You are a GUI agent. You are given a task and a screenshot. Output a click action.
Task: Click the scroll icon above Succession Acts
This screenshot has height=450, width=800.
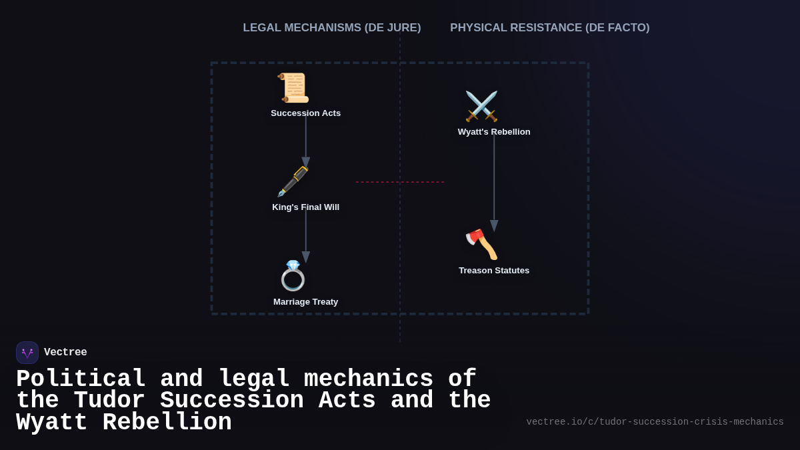pos(293,88)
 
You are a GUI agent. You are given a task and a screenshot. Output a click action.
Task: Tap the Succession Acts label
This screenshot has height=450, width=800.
pos(305,113)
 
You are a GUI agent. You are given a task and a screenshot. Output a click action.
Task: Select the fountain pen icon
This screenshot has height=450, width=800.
pos(293,182)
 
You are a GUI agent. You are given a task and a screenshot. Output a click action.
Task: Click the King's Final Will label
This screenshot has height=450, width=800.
pos(305,207)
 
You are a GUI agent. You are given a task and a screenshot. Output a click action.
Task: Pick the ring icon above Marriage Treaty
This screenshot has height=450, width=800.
pos(293,276)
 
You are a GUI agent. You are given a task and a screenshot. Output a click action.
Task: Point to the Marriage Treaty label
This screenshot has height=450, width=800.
pos(305,302)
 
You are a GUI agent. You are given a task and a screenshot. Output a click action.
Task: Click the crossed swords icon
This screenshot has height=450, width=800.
pos(481,107)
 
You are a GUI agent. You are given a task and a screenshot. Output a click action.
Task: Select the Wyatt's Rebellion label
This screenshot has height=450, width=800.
pos(494,132)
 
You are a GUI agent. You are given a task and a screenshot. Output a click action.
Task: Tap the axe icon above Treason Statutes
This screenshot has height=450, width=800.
pos(481,245)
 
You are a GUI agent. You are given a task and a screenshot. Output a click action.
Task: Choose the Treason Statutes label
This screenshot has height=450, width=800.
pos(494,271)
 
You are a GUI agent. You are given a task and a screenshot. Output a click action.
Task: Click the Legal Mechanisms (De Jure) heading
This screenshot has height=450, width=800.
pos(332,28)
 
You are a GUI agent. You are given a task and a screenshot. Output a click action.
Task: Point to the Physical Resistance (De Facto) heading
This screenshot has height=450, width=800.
pos(549,28)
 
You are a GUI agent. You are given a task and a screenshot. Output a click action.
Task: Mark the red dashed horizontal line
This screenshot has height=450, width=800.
pos(399,182)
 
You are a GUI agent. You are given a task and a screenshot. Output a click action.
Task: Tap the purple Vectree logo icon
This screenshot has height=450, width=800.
pos(27,353)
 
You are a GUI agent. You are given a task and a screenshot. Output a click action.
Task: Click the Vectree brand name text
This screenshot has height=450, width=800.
pos(65,353)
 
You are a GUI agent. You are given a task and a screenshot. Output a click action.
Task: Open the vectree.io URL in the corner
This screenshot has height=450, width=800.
pos(655,422)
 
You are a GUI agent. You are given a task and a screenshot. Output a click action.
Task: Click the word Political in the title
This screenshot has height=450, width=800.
pos(81,379)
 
